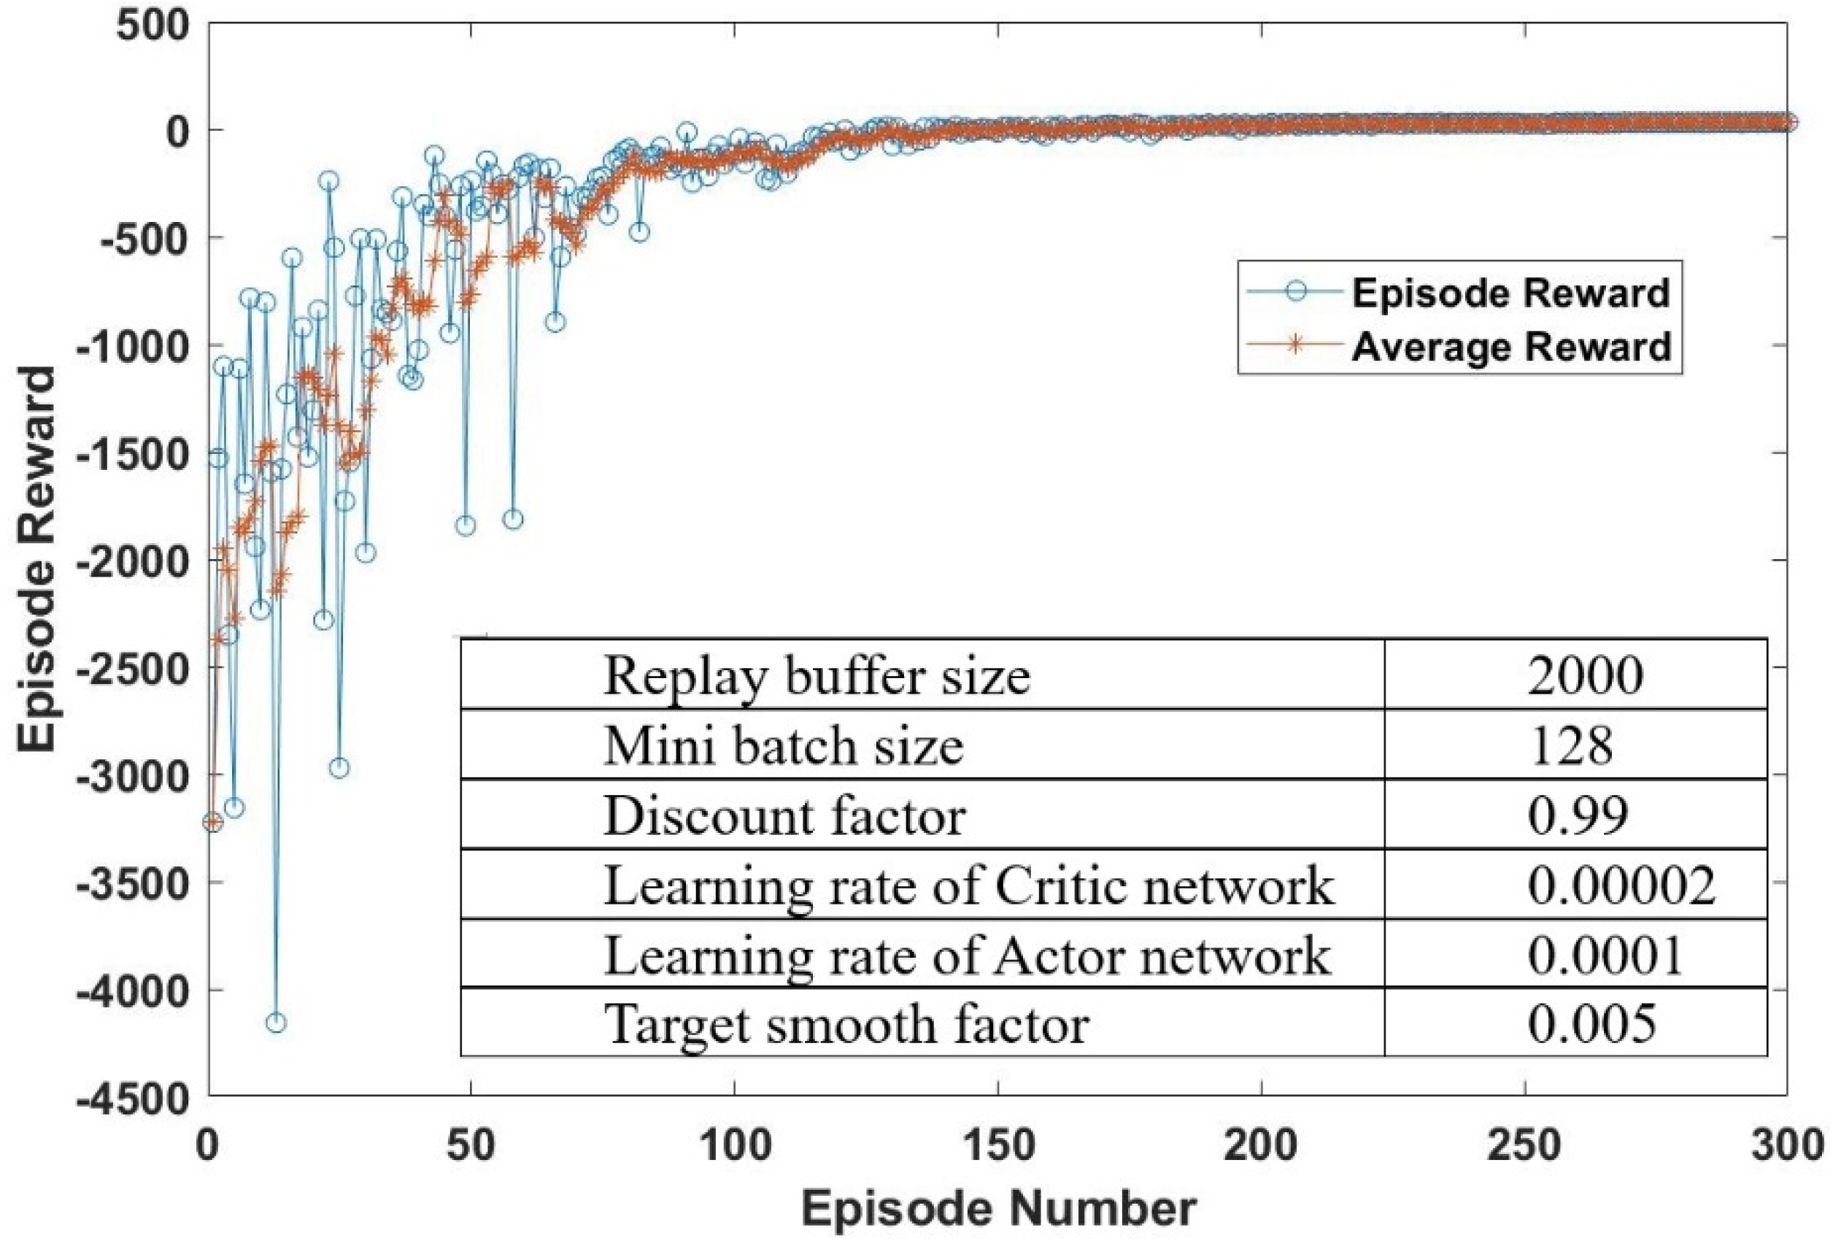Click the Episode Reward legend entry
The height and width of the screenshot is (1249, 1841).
(1510, 293)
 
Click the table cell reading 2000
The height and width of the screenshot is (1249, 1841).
(1585, 676)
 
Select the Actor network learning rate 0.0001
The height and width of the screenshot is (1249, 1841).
(1605, 955)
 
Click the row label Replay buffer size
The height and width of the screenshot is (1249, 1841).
(817, 676)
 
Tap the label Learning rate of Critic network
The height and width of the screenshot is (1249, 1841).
(968, 885)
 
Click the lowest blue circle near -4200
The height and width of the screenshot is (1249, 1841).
(277, 1023)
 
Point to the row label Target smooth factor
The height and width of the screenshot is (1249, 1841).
(846, 1024)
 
